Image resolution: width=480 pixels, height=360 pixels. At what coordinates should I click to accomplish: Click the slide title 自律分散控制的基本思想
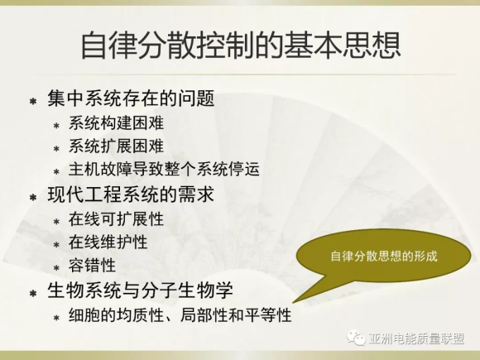point(241,46)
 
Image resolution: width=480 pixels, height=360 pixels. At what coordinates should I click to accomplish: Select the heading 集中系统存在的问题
point(131,98)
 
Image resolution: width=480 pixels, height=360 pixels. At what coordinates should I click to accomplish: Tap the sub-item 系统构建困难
point(116,123)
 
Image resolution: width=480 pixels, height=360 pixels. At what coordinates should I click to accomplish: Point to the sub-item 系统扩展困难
point(116,146)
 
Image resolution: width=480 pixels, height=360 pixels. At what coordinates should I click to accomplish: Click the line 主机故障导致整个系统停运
point(164,169)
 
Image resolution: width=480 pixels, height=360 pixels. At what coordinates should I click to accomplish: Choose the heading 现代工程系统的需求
point(131,194)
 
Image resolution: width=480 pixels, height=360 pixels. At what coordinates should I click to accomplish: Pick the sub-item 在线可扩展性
point(116,218)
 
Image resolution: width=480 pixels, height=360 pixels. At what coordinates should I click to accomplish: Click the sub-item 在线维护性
point(108,242)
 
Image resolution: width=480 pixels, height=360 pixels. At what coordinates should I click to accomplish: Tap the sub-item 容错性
point(92,265)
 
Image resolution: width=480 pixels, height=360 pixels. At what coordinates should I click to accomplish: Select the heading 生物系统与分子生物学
point(140,290)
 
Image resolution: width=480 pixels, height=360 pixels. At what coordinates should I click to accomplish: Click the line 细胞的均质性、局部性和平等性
point(180,314)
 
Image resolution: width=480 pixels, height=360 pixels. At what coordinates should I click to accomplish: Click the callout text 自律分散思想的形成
point(384,257)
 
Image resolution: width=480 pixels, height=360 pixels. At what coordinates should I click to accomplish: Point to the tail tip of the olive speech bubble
point(293,303)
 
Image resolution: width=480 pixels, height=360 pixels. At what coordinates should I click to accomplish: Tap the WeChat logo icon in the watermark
point(356,338)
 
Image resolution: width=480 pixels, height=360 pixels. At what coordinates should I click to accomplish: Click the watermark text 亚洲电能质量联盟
point(416,338)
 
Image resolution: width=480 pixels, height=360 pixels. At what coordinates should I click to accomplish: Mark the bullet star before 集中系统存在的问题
point(33,101)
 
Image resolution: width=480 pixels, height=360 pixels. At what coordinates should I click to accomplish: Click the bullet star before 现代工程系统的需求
point(33,197)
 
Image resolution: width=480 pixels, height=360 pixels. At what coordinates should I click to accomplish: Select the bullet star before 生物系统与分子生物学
point(33,293)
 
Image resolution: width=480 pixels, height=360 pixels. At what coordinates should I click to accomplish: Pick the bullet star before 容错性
point(56,268)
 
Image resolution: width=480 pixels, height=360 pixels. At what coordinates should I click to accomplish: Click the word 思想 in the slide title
point(371,46)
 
